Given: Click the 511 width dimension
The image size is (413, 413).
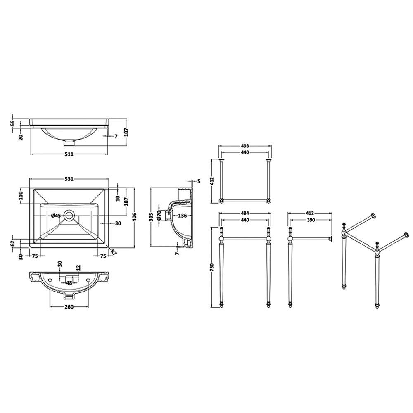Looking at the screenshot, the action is pyautogui.click(x=69, y=154).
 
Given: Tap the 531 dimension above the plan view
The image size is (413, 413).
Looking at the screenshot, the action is pyautogui.click(x=69, y=179).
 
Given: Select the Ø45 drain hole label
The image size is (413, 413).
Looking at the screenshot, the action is pyautogui.click(x=56, y=216).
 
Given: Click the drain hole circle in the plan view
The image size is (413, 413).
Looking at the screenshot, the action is pyautogui.click(x=69, y=215).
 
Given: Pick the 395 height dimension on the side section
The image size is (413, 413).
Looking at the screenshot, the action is pyautogui.click(x=152, y=217).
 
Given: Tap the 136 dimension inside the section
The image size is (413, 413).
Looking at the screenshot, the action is pyautogui.click(x=182, y=216).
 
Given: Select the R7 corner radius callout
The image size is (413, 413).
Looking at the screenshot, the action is pyautogui.click(x=114, y=252).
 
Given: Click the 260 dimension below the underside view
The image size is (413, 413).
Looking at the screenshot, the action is pyautogui.click(x=69, y=307).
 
